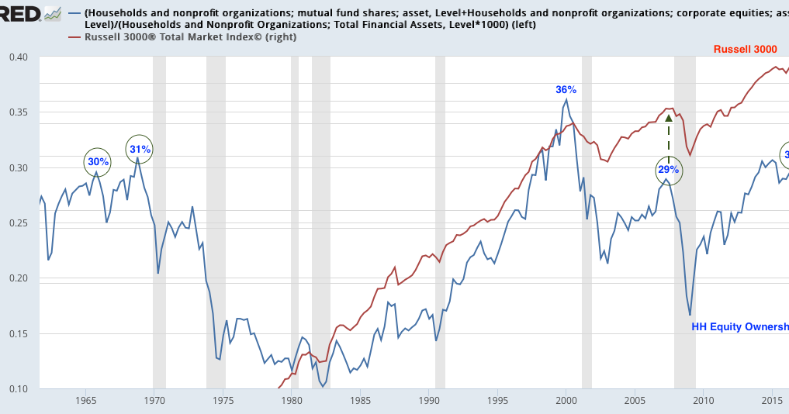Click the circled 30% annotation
coord(98,162)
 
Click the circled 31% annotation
coord(140,149)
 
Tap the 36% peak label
coord(566,90)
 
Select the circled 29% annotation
coord(669,169)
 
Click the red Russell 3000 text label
coord(745,50)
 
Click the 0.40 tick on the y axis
coord(18,57)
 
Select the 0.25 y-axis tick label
coord(18,223)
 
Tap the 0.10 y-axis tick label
coord(18,389)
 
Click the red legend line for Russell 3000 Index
coord(75,37)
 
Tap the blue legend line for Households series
coord(75,13)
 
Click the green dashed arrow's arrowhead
coord(669,118)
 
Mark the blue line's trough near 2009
coord(690,315)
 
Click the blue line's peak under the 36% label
coord(566,99)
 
